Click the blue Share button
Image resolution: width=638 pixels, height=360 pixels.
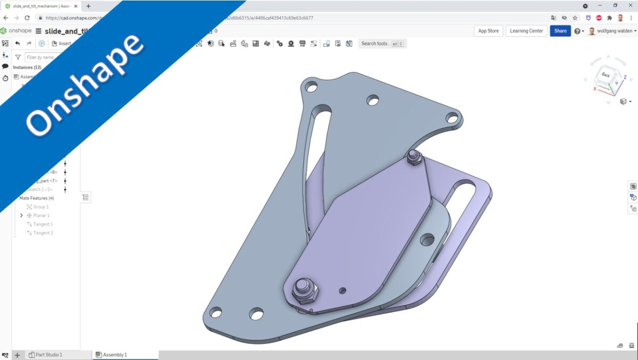(560, 31)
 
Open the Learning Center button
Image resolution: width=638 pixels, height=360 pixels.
(526, 31)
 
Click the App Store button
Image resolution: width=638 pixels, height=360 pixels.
(488, 31)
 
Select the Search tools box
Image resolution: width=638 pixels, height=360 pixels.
(382, 44)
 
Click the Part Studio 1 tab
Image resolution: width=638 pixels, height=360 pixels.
(48, 355)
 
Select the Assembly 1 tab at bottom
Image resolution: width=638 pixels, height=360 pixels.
(114, 355)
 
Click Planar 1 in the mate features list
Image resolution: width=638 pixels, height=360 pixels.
(41, 216)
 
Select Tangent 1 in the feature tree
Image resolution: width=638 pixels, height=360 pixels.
(43, 224)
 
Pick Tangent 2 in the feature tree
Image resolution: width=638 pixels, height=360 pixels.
(43, 233)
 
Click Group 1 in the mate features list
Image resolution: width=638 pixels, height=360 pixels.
(40, 207)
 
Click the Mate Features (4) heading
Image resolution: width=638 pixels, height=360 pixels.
(36, 198)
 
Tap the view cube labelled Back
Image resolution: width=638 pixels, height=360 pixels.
(606, 76)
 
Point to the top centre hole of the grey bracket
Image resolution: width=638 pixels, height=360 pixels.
(373, 100)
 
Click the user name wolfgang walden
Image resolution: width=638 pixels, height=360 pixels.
(615, 31)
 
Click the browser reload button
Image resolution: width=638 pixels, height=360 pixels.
(27, 18)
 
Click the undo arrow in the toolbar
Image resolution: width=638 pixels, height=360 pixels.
(18, 44)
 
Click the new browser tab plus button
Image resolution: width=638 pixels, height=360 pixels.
(88, 6)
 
